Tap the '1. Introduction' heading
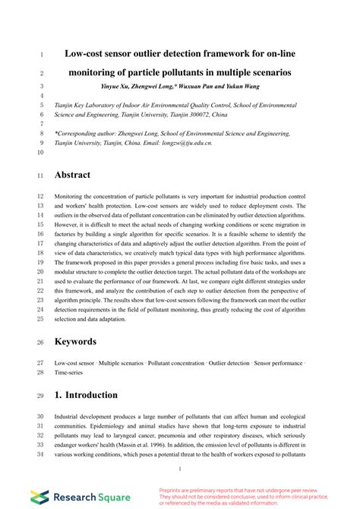coord(86,395)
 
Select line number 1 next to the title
coord(41,55)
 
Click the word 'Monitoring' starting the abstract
coord(71,195)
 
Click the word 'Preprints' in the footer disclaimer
coord(170,491)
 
